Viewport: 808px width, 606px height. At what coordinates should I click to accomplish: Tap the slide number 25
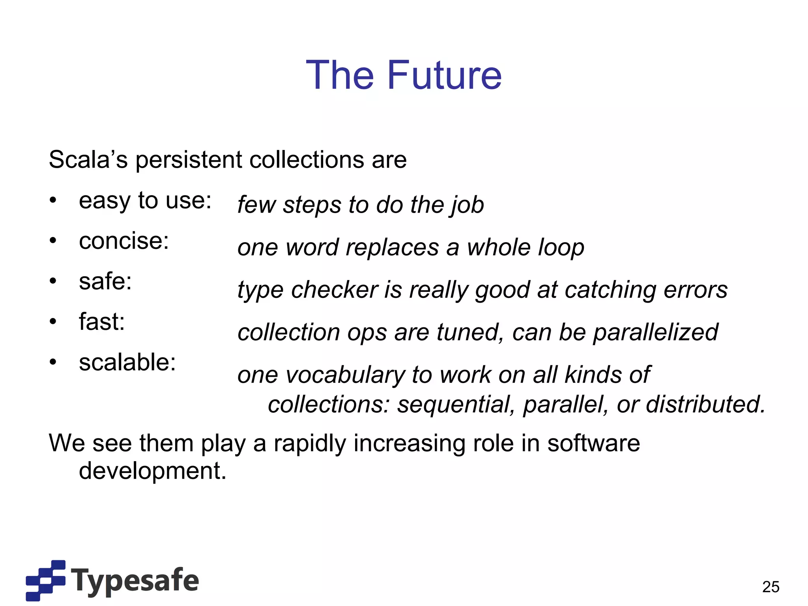pyautogui.click(x=771, y=587)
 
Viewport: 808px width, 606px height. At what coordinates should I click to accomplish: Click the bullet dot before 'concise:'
pyautogui.click(x=53, y=241)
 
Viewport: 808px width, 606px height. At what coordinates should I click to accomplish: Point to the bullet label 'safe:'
pyautogui.click(x=105, y=282)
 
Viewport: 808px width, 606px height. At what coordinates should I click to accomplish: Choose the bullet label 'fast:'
pyautogui.click(x=102, y=322)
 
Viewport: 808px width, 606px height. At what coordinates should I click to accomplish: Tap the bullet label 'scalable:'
pyautogui.click(x=127, y=363)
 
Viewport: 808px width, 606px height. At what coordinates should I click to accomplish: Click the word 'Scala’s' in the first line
pyautogui.click(x=88, y=160)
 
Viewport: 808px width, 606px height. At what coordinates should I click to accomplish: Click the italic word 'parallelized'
pyautogui.click(x=655, y=333)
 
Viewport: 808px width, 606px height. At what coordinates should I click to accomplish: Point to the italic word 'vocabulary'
pyautogui.click(x=345, y=375)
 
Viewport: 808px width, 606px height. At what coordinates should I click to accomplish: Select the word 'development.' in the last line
pyautogui.click(x=153, y=471)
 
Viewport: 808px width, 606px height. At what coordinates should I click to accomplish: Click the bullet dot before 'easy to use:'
pyautogui.click(x=53, y=200)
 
